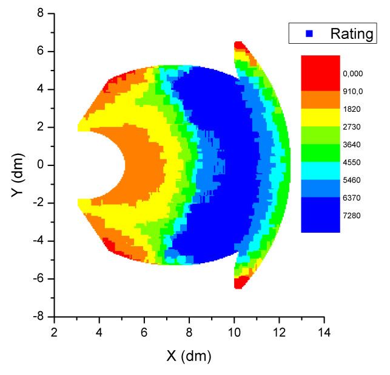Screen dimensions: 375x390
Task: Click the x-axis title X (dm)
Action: click(x=189, y=354)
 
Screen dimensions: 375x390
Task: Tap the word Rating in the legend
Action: click(x=351, y=33)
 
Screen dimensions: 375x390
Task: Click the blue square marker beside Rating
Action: click(x=309, y=34)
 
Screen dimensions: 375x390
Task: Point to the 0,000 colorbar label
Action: click(x=352, y=74)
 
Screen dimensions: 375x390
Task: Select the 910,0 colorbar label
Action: click(x=352, y=92)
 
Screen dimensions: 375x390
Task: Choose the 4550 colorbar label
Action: click(x=352, y=163)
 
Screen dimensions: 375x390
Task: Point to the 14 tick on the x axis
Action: click(x=324, y=332)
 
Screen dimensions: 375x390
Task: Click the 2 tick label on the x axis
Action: click(x=55, y=332)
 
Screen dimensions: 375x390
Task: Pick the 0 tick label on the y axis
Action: click(x=42, y=165)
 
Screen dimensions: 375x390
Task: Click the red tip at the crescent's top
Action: click(x=239, y=46)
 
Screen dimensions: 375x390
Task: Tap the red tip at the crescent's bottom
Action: click(x=239, y=283)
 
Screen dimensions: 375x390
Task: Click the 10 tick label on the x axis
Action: click(x=234, y=332)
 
